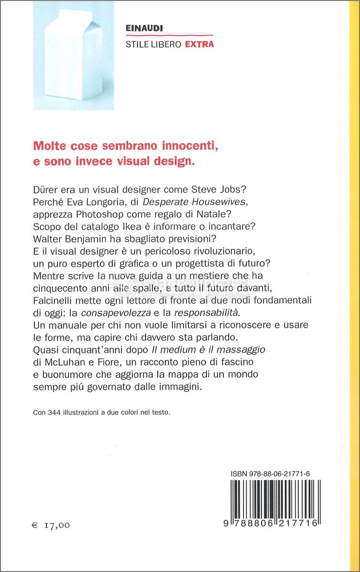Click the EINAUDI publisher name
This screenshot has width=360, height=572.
click(144, 29)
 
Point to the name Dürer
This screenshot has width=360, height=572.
click(46, 189)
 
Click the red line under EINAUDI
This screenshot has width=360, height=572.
click(169, 36)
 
